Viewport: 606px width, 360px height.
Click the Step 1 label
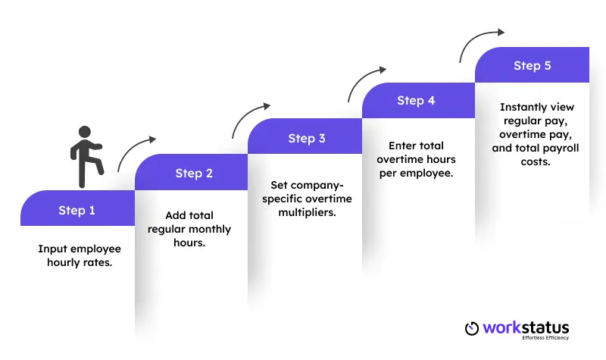coord(77,210)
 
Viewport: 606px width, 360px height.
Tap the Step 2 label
coord(194,174)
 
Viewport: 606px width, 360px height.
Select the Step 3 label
coord(307,138)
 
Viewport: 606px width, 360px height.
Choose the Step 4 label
coord(416,101)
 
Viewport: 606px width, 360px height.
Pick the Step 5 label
coord(532,65)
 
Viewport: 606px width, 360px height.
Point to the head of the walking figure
coord(84,132)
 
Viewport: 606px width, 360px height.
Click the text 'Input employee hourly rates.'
coord(80,255)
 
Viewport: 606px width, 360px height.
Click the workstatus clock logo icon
coord(472,328)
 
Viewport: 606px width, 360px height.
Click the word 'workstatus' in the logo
coord(527,327)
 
